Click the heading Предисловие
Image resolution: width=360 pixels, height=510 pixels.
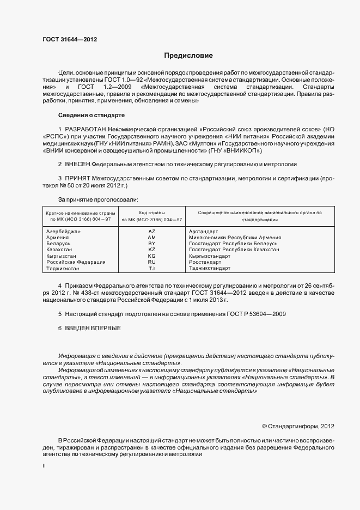189,56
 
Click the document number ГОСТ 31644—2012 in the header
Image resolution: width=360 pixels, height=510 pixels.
70,39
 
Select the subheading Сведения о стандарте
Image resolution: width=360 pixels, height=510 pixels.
91,116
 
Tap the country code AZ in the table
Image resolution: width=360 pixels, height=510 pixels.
152,232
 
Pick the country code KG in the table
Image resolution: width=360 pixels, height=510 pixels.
152,256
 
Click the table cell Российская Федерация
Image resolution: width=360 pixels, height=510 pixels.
76,262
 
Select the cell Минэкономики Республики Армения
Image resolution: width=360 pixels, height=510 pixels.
235,238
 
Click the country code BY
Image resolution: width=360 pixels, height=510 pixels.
152,244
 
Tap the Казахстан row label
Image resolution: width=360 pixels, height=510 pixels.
60,250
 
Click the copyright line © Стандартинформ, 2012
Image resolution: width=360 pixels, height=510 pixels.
297,426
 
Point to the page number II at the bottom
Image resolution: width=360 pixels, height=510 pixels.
45,466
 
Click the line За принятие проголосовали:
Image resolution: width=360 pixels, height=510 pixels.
98,199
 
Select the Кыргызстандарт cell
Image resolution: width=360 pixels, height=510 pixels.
210,256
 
